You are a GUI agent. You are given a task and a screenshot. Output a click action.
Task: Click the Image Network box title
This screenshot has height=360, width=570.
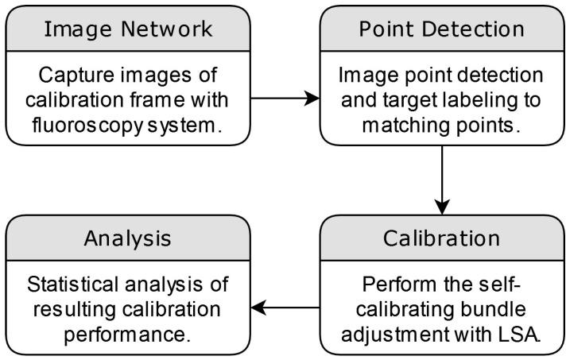(127, 29)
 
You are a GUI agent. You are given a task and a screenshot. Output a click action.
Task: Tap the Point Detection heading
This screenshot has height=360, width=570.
(441, 29)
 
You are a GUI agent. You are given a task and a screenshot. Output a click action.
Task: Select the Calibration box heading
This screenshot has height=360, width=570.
(441, 238)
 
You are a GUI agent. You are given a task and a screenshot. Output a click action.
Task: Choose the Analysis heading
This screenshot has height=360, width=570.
(127, 238)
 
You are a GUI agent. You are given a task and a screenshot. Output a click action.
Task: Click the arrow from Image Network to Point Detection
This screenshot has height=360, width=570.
(284, 99)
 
